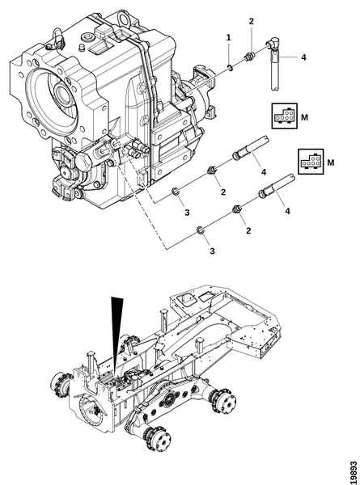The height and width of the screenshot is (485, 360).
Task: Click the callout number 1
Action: pos(228,38)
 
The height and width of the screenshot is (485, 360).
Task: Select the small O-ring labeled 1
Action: pos(229,67)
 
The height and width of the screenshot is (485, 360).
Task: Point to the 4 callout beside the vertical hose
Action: pos(303,57)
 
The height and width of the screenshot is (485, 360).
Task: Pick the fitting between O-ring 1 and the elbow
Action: pos(249,57)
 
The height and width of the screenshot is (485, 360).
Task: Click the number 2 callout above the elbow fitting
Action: pos(251,21)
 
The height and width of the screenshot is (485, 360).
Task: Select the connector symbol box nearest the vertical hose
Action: pos(284,116)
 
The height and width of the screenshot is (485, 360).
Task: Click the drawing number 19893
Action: pos(354,473)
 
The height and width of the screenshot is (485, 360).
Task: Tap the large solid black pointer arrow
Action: pos(116,335)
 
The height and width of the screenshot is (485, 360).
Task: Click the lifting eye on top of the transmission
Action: pos(125,18)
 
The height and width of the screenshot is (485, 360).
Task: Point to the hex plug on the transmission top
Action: pos(87,38)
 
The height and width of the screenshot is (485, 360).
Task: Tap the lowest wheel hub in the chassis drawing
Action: pos(159,438)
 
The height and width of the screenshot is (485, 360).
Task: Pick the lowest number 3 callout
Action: pos(212,251)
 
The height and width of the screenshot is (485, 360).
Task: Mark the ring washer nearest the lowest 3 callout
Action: pos(200,230)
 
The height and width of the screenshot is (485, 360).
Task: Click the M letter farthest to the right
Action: pos(331,162)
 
